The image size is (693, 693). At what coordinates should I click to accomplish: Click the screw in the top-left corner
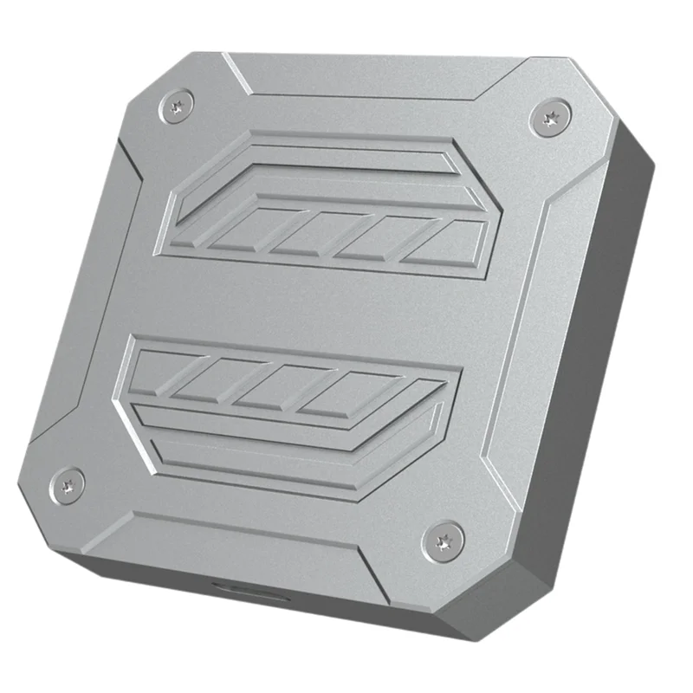pyautogui.click(x=177, y=107)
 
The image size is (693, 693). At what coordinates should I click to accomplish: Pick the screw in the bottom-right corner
pyautogui.click(x=442, y=541)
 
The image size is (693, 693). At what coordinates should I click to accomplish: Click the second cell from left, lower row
pyautogui.click(x=215, y=379)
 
